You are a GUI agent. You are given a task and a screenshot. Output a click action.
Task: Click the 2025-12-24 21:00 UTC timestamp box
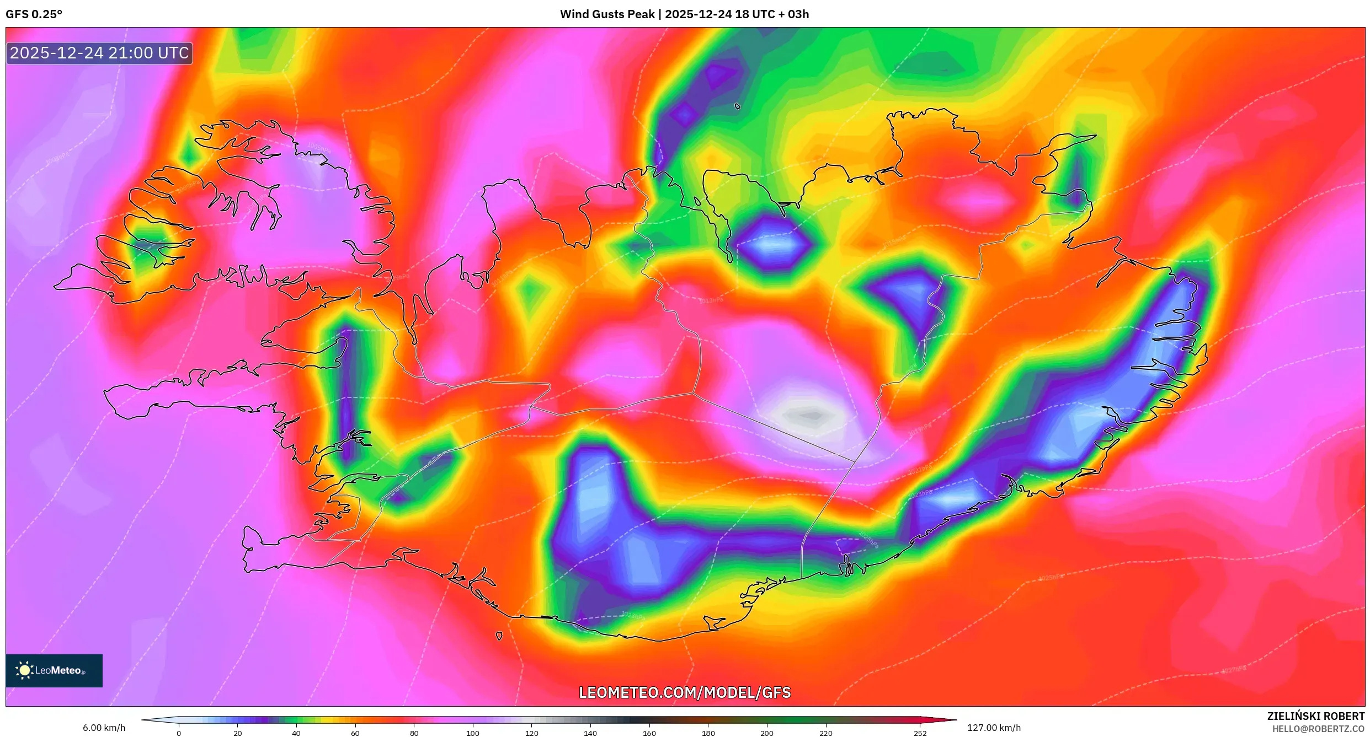point(99,53)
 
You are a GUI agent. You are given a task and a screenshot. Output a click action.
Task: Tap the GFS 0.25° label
point(34,14)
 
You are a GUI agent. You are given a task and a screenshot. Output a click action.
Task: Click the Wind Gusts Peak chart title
point(684,14)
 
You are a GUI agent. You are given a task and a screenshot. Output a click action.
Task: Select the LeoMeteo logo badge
point(54,670)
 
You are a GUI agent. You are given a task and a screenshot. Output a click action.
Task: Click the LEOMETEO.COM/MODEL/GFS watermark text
point(684,692)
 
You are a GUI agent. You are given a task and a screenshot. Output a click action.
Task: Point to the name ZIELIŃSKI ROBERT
point(1315,716)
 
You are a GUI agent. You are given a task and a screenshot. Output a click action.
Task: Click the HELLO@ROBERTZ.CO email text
point(1318,729)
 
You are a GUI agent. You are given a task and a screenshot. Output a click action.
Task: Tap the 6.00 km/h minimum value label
point(104,728)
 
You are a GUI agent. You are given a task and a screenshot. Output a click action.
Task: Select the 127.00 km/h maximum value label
point(994,728)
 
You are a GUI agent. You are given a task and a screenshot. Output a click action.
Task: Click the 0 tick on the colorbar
point(179,733)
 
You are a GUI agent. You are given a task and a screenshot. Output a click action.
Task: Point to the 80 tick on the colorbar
point(414,733)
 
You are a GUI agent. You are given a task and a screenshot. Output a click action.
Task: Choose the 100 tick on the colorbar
point(473,733)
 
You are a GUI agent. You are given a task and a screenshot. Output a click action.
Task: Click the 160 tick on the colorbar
point(649,733)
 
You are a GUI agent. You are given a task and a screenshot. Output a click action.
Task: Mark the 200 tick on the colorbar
point(767,733)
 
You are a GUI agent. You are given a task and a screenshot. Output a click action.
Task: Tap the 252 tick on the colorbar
point(920,733)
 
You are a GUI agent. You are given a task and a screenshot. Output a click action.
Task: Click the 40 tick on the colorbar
point(296,733)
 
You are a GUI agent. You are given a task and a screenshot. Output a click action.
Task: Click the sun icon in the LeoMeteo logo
point(24,670)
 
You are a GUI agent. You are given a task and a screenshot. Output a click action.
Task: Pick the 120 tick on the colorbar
point(532,733)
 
